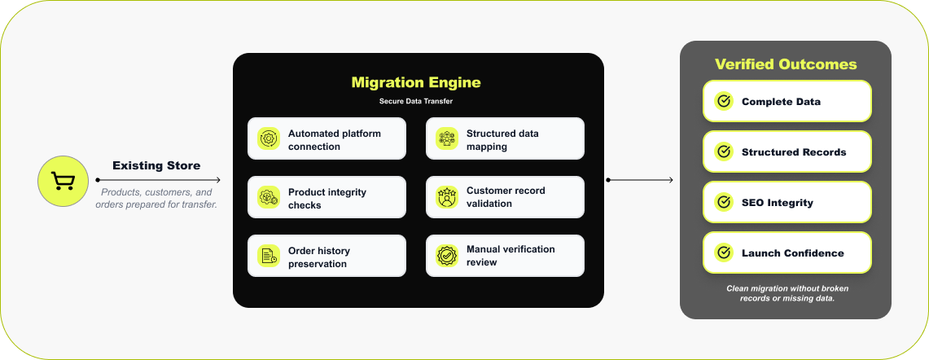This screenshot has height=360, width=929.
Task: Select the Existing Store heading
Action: point(156,165)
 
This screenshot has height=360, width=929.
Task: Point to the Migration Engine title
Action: point(415,82)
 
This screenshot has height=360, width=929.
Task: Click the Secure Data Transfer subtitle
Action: point(415,102)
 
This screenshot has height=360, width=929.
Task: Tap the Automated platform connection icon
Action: point(268,139)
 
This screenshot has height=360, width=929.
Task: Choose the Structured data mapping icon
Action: point(446,139)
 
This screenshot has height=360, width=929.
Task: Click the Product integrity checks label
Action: point(327,198)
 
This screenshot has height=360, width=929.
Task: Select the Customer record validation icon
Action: point(446,197)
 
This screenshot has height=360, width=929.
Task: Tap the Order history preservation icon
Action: point(268,257)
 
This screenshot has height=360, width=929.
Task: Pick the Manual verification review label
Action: point(511,256)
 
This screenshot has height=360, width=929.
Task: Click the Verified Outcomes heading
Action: point(786,64)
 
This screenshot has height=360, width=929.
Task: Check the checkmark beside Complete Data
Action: point(723,102)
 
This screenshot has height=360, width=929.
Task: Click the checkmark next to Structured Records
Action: point(723,152)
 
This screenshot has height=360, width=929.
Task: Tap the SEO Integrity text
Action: point(777,203)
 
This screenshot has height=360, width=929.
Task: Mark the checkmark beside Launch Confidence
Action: point(723,253)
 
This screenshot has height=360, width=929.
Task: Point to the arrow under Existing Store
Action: point(158,179)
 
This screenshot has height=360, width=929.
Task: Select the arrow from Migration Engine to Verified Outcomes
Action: point(641,179)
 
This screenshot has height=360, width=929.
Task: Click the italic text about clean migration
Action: point(787,293)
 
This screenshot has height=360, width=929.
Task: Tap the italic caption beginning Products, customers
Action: point(156,198)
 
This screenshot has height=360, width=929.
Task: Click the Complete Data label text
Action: point(781,102)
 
